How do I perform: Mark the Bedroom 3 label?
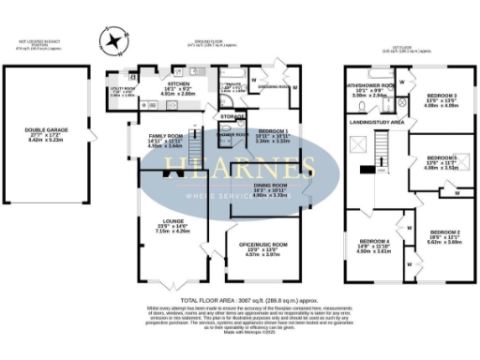tap(442, 97)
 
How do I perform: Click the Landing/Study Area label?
tap(376, 122)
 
